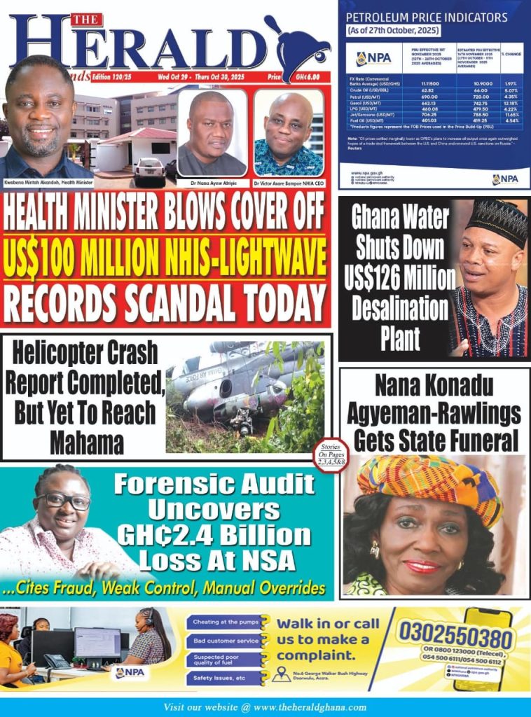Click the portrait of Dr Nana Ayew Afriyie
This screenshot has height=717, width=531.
click(212, 133)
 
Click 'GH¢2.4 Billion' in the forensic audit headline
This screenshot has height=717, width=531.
click(214, 536)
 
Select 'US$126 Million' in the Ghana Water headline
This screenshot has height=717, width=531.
click(400, 278)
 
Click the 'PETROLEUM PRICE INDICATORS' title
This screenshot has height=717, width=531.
click(427, 17)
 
